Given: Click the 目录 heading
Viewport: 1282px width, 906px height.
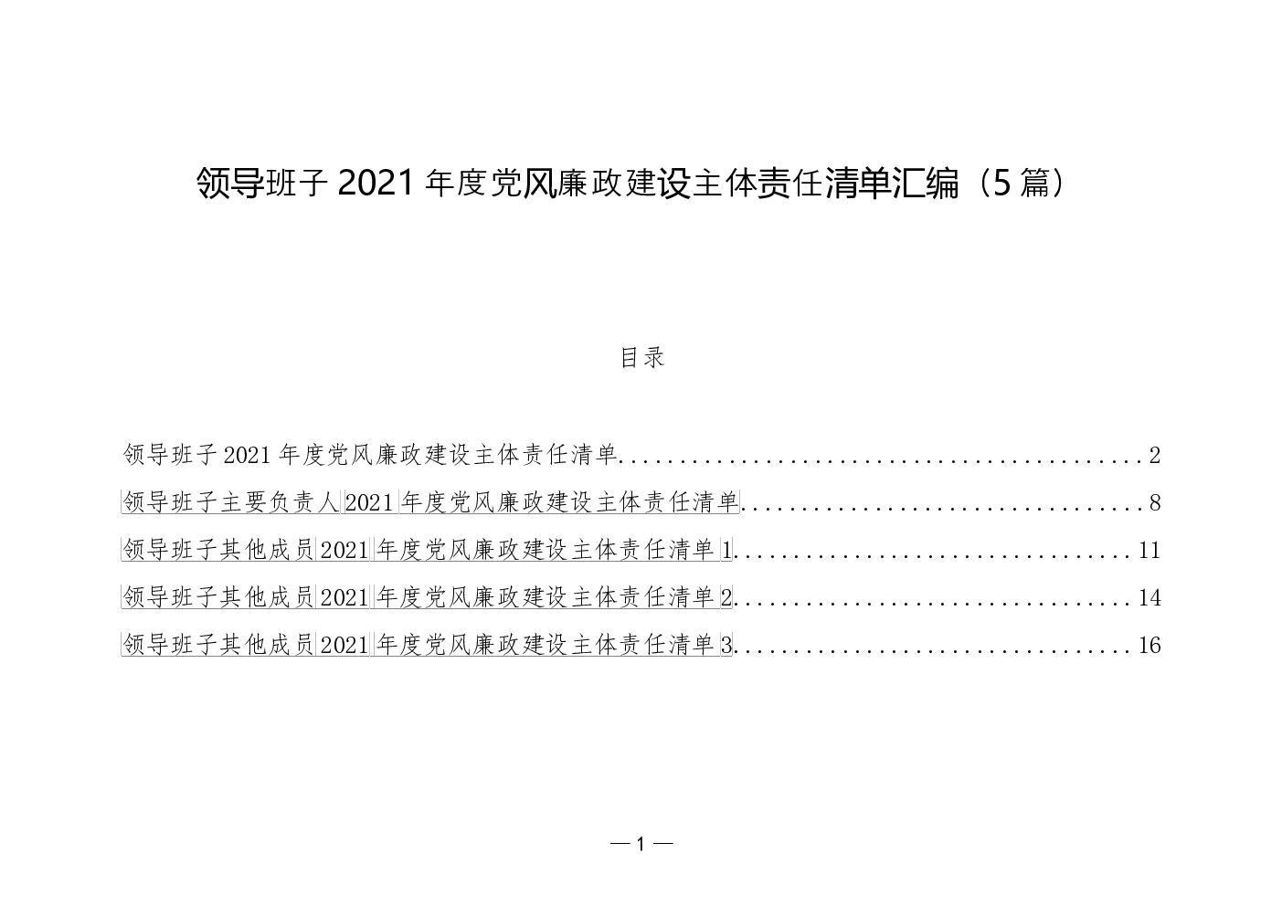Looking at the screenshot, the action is tap(642, 357).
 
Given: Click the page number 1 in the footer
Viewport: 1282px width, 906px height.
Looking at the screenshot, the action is tap(641, 844).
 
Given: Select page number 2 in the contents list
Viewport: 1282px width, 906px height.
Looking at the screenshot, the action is tap(1154, 456).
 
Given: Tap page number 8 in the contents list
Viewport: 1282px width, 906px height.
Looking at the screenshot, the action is tap(1154, 502).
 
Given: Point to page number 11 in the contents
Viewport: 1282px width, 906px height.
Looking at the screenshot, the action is tap(1150, 550).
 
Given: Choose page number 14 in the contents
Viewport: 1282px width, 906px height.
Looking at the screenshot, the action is tap(1150, 597).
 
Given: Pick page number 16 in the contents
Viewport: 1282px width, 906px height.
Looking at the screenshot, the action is tap(1150, 645).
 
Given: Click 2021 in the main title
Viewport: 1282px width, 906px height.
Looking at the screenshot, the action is tap(376, 184).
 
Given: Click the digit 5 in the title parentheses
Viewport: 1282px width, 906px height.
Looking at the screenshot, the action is tap(1002, 184).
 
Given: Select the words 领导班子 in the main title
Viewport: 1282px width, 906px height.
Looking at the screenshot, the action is tap(262, 184).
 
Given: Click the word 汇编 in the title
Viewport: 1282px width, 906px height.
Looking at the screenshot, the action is tap(926, 184).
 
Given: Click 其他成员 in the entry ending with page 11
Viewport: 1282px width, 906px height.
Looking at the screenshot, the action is tap(268, 550).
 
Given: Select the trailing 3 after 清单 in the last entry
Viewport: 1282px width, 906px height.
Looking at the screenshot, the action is tap(726, 645).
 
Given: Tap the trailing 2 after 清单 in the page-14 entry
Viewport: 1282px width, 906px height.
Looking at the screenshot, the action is tap(726, 597).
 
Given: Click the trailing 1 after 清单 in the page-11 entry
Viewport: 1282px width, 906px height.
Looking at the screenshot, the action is tap(726, 550).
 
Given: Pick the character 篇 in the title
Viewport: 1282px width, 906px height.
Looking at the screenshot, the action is tap(1034, 184).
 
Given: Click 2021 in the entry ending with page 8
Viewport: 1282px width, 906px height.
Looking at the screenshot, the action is tap(369, 502).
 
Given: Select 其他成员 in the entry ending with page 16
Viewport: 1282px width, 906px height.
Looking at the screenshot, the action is tap(268, 645).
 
